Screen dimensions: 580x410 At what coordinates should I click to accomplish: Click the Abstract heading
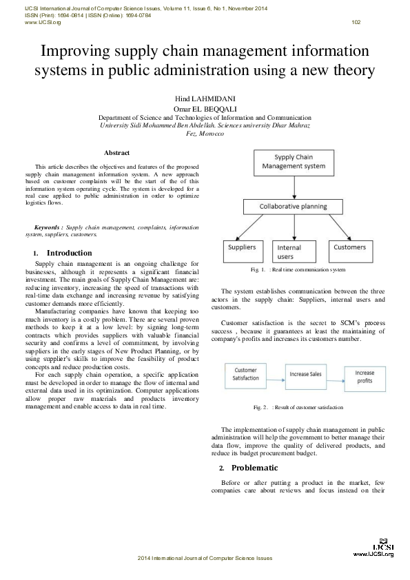click(117, 152)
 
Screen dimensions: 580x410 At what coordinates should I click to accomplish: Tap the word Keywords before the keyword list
click(48, 227)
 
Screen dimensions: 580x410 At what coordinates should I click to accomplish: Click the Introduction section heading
click(69, 253)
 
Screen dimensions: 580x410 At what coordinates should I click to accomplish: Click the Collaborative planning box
click(293, 206)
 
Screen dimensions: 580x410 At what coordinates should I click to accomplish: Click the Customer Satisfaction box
click(246, 374)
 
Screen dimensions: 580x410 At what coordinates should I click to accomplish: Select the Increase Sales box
click(305, 374)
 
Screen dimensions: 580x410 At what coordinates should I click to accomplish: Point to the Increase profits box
click(365, 376)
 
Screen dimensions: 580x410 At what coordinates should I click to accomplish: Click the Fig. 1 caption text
click(298, 270)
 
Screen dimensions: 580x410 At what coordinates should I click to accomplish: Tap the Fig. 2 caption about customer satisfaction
click(298, 407)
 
